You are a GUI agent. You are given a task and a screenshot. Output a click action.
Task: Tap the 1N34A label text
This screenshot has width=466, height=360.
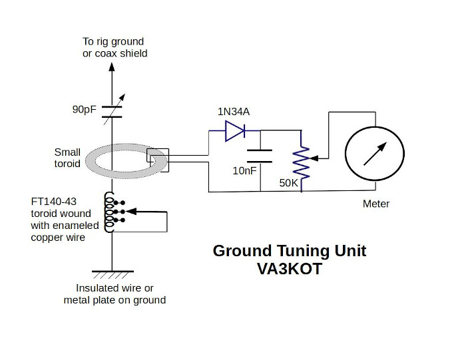234,111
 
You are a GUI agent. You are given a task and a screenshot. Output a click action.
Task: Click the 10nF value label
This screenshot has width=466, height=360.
244,171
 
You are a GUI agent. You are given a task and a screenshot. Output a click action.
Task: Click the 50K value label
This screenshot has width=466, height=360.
289,182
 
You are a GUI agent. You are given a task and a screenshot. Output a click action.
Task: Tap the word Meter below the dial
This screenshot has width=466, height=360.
376,204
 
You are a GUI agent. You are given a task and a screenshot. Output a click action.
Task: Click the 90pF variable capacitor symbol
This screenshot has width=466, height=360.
113,110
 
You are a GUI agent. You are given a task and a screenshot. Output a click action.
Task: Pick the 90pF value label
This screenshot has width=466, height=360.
85,109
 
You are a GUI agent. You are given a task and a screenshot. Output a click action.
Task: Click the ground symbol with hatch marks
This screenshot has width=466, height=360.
113,273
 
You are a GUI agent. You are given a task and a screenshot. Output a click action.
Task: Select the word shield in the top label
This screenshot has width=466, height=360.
132,53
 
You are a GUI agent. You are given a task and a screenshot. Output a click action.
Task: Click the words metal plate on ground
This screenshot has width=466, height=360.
115,300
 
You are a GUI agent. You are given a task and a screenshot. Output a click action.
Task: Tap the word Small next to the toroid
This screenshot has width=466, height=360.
68,152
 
